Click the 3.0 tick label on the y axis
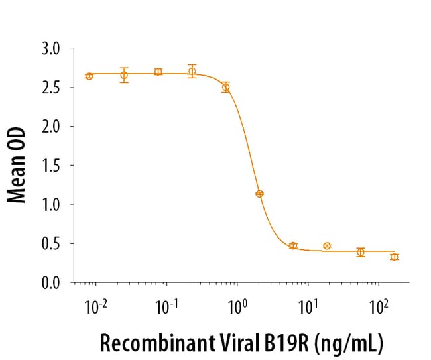[50, 48]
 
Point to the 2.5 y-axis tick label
[50, 88]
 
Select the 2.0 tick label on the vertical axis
[50, 127]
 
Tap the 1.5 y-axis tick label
[50, 166]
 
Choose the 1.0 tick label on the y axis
[50, 205]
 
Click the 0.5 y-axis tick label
[50, 244]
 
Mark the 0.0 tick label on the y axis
[50, 283]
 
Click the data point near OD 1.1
[259, 194]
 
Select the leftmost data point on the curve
[90, 76]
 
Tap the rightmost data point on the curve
[395, 257]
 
